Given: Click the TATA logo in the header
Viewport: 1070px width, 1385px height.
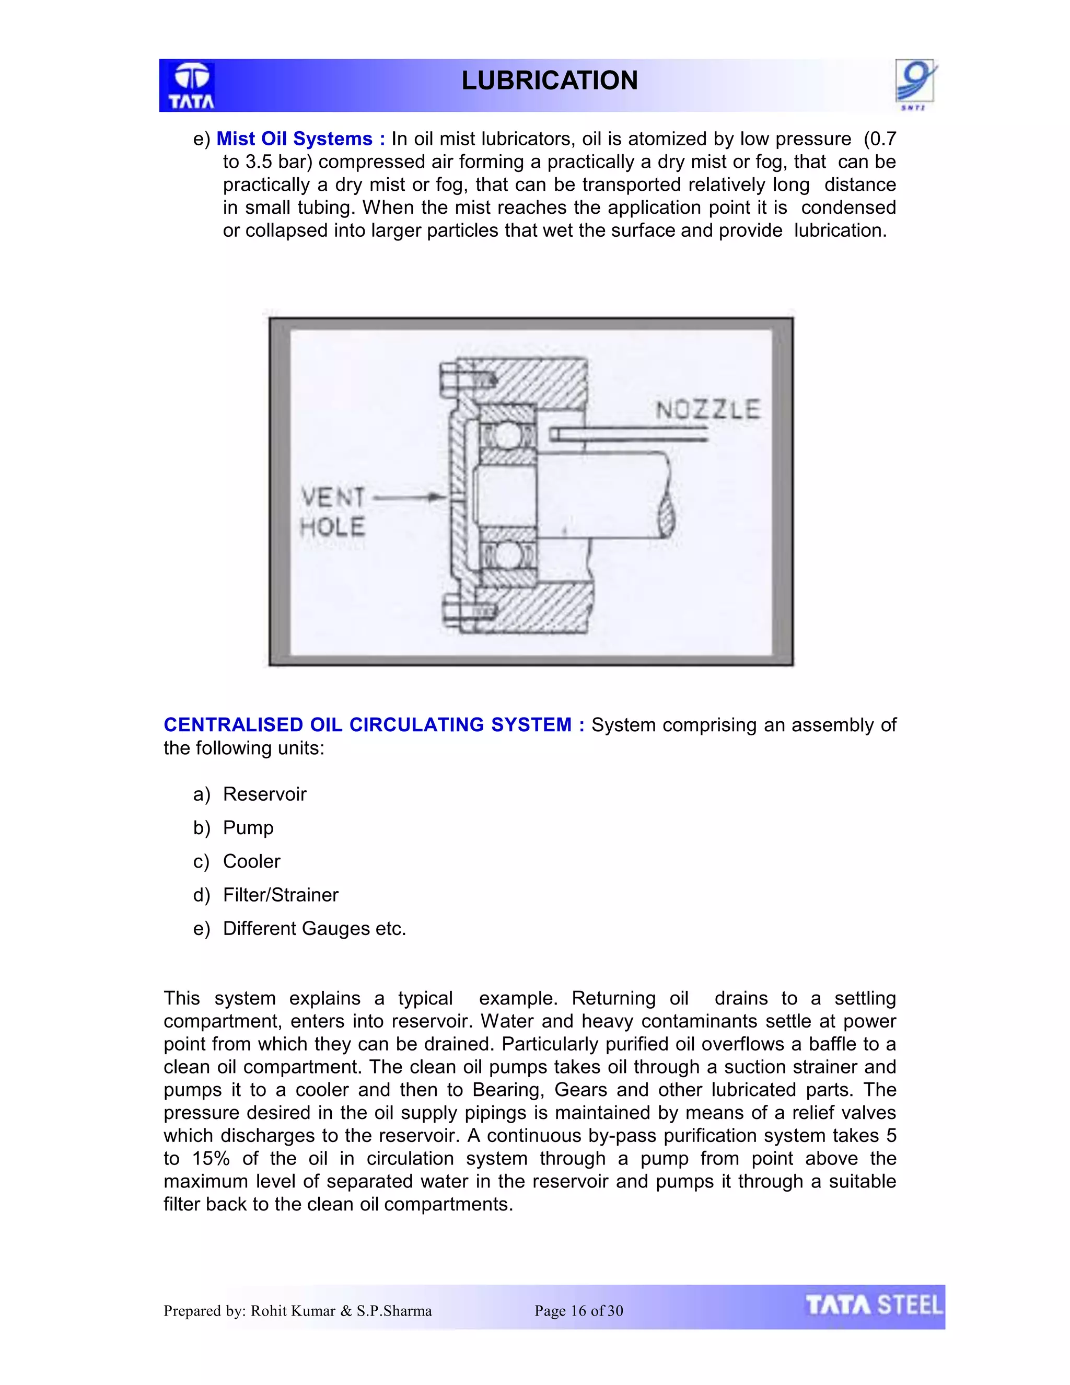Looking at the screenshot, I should [191, 86].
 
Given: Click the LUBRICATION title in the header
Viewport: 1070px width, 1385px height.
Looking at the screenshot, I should [549, 80].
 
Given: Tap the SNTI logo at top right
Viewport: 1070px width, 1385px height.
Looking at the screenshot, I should [915, 83].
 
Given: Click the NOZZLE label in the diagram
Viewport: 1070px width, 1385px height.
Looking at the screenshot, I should [707, 409].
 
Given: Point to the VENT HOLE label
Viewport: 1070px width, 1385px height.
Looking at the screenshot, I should [333, 512].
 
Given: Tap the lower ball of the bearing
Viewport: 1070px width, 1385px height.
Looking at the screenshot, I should [506, 556].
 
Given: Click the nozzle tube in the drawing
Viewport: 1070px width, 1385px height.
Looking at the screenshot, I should [627, 434].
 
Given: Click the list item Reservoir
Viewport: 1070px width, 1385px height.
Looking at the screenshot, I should [264, 794].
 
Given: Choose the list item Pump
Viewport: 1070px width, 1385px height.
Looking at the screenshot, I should [248, 827].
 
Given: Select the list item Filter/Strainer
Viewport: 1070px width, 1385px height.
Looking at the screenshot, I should [280, 895].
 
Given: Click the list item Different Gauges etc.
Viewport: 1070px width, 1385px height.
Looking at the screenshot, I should [314, 928].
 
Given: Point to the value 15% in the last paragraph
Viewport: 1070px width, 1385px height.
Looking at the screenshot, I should [211, 1159].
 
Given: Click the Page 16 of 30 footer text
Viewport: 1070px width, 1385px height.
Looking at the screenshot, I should [578, 1311].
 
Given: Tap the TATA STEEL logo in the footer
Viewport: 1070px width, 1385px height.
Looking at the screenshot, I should [874, 1306].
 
